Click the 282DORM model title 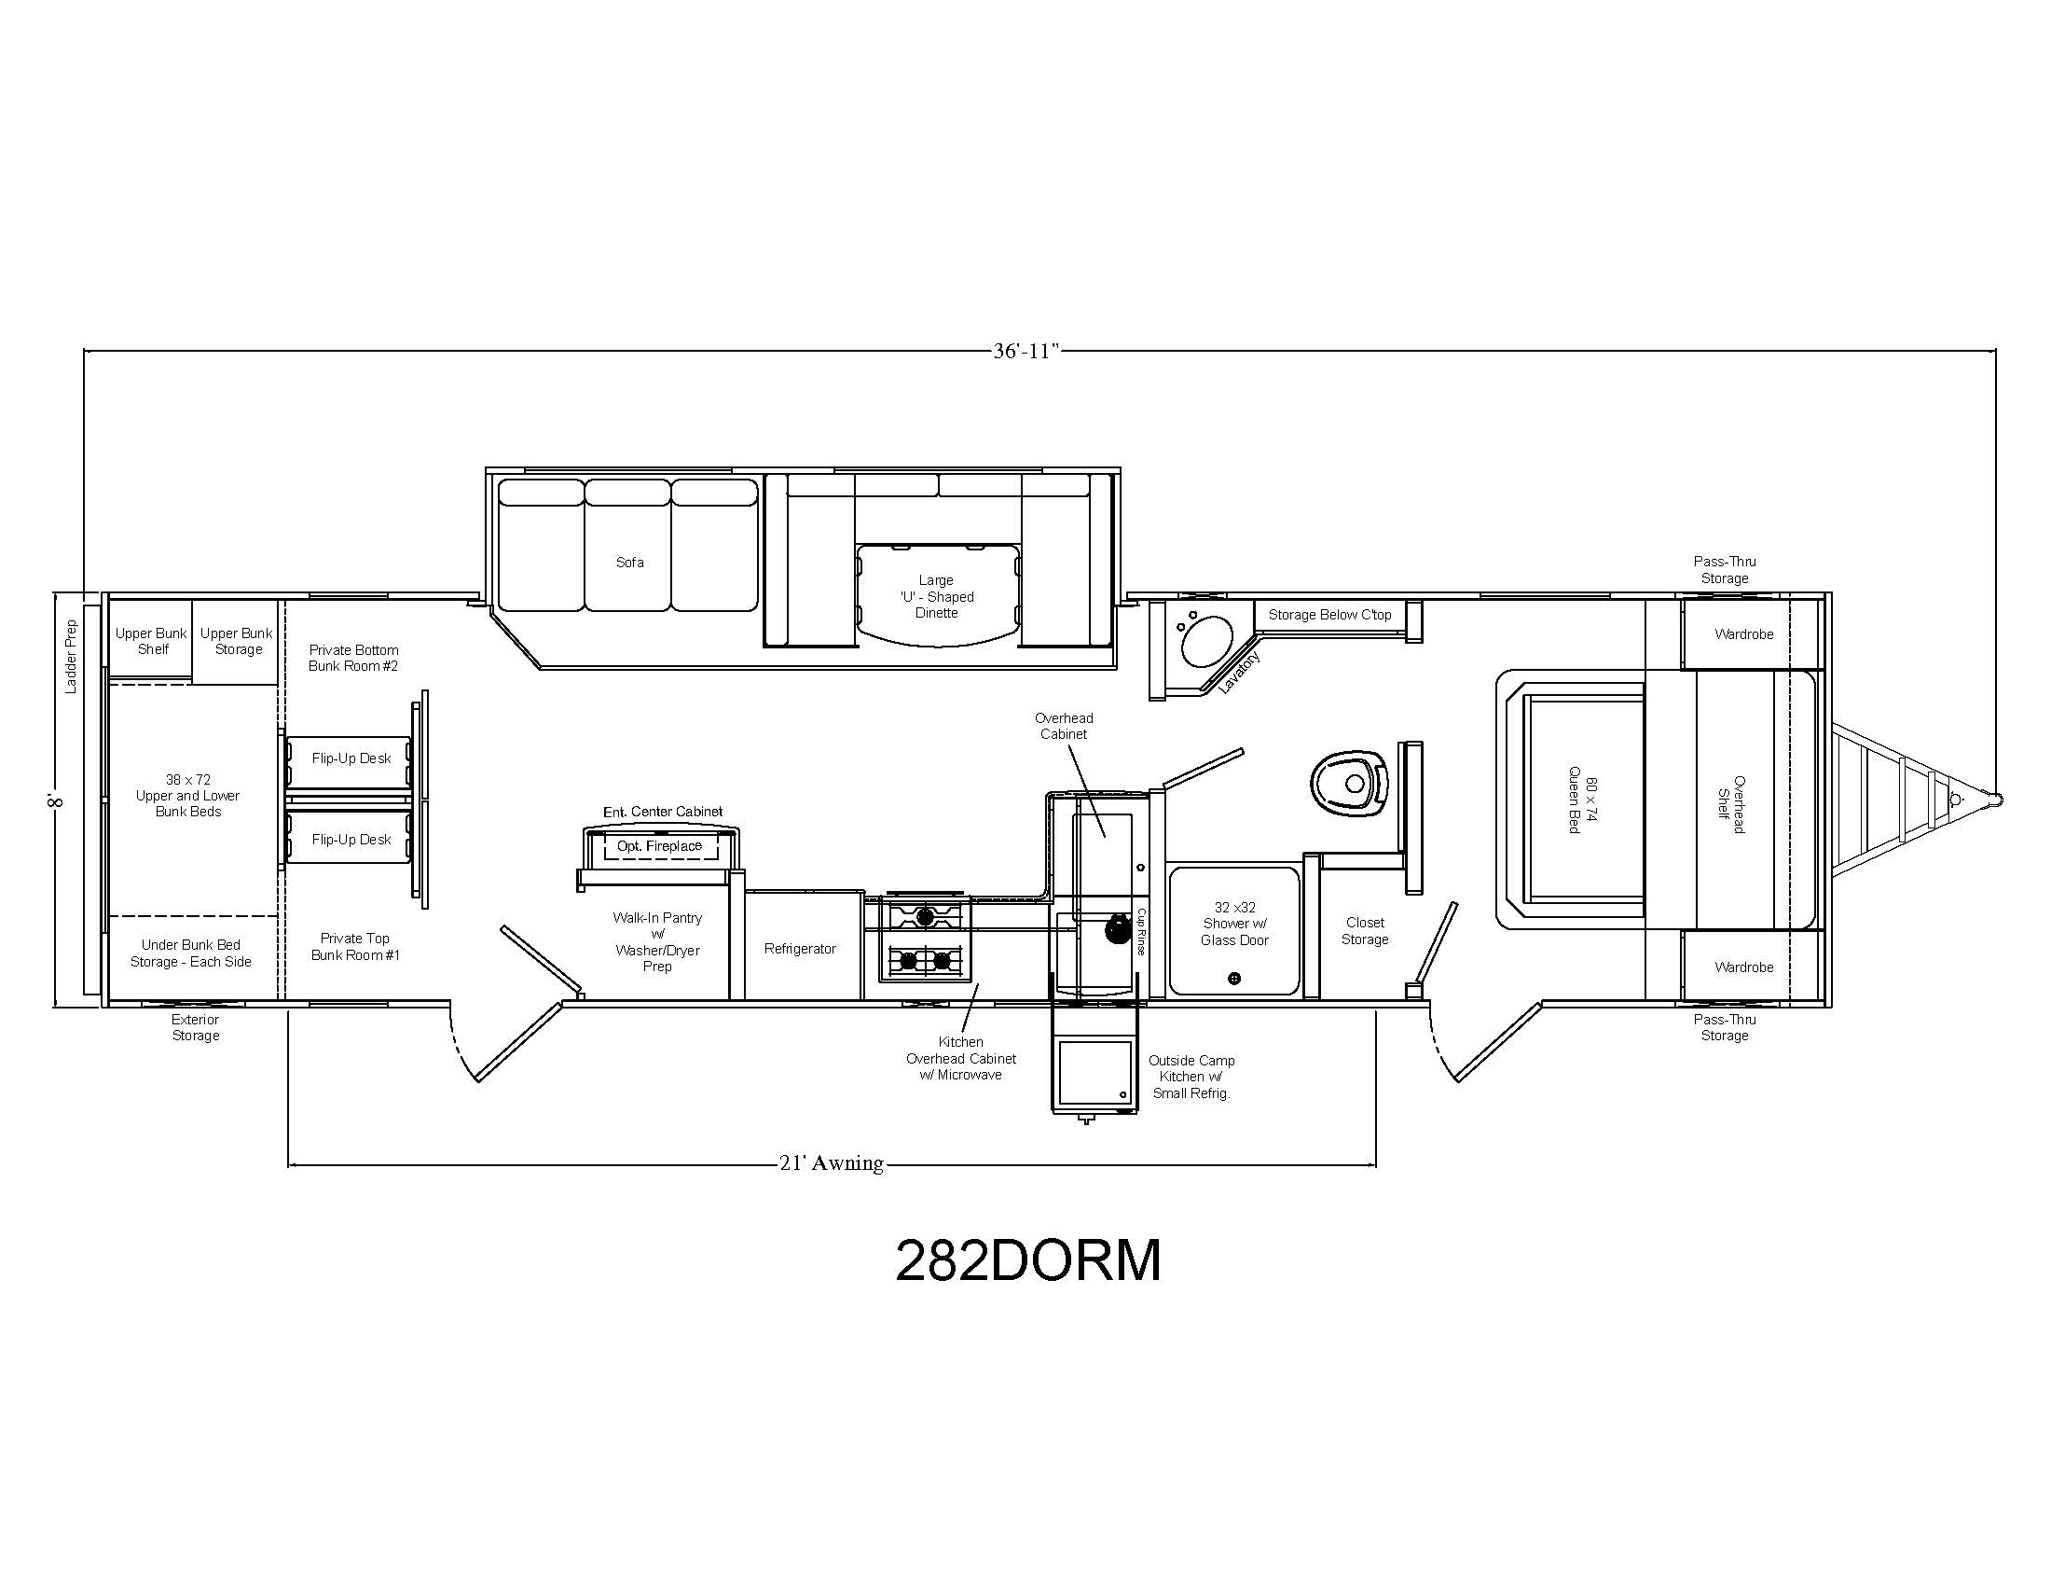coord(1028,1261)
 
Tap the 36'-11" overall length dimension coord(1026,352)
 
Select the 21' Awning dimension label coord(831,1163)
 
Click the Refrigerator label coord(800,949)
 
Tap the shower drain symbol coord(1234,979)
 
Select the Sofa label coord(630,562)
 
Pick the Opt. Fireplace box coord(659,845)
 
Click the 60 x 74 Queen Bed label coord(1582,805)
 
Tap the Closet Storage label coord(1365,931)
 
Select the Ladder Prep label coord(72,656)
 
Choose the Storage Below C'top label coord(1329,615)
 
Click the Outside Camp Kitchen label coord(1191,1077)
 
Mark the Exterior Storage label coord(196,1027)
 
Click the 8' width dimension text coord(55,800)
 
